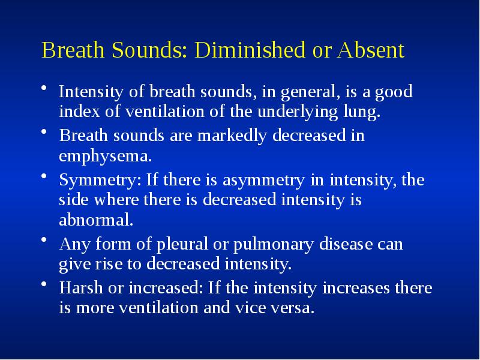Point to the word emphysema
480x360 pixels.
click(105, 157)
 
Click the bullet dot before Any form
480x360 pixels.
click(44, 241)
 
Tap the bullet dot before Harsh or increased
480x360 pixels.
click(44, 284)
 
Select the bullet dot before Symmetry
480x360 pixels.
click(44, 176)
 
